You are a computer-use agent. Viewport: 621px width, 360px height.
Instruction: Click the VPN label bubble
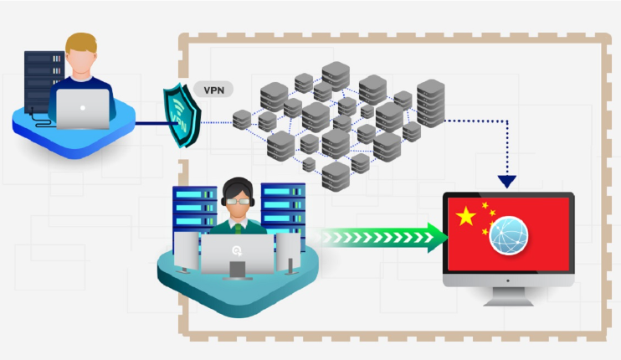click(213, 90)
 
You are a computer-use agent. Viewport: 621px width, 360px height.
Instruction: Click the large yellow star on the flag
click(466, 218)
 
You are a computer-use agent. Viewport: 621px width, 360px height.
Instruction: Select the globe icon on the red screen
click(511, 236)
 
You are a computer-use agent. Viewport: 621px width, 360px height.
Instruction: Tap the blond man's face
click(81, 62)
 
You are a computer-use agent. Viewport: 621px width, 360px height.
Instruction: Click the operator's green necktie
click(240, 225)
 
